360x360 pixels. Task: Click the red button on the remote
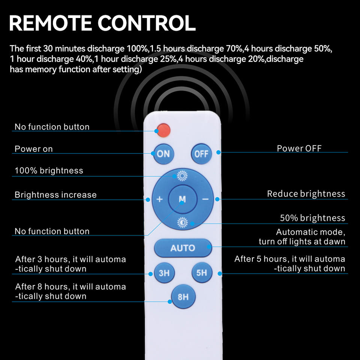163,130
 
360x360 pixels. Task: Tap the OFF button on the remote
201,153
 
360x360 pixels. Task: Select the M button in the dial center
182,199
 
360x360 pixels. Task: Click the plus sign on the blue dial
160,199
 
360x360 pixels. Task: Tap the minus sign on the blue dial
205,199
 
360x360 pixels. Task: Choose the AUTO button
183,248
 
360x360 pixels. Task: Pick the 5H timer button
202,273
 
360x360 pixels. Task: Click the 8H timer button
183,297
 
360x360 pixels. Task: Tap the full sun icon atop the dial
182,175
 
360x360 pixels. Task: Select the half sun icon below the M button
182,223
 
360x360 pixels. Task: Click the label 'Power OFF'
299,148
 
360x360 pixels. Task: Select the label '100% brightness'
49,171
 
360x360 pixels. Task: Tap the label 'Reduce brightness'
306,194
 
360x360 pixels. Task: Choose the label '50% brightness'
312,218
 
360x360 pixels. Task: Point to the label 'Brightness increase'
55,195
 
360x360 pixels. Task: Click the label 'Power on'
34,149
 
